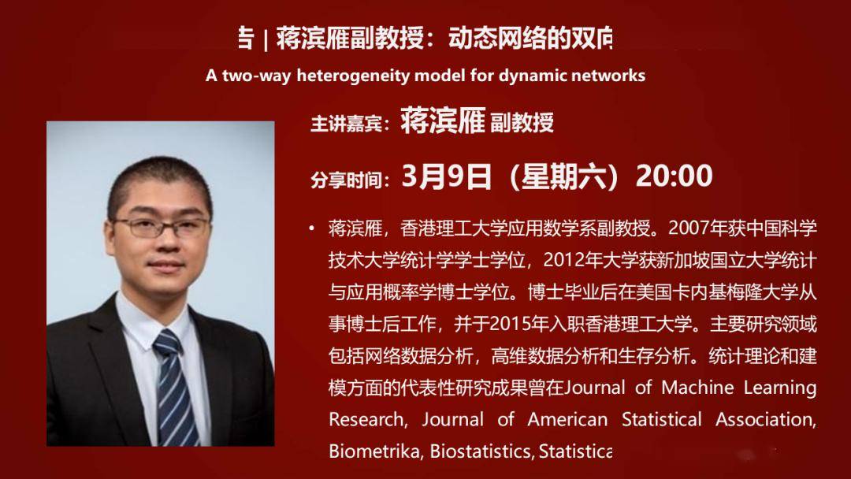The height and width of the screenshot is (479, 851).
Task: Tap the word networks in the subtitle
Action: (x=607, y=76)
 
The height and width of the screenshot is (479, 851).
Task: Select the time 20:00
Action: (x=674, y=176)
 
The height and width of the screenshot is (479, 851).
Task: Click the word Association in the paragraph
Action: (x=764, y=419)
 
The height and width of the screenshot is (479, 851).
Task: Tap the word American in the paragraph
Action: (x=567, y=419)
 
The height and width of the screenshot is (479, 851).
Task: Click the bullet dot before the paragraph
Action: (x=313, y=228)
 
